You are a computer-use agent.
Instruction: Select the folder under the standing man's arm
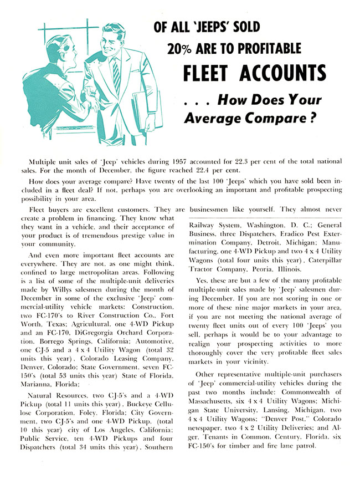pos(143,111)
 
